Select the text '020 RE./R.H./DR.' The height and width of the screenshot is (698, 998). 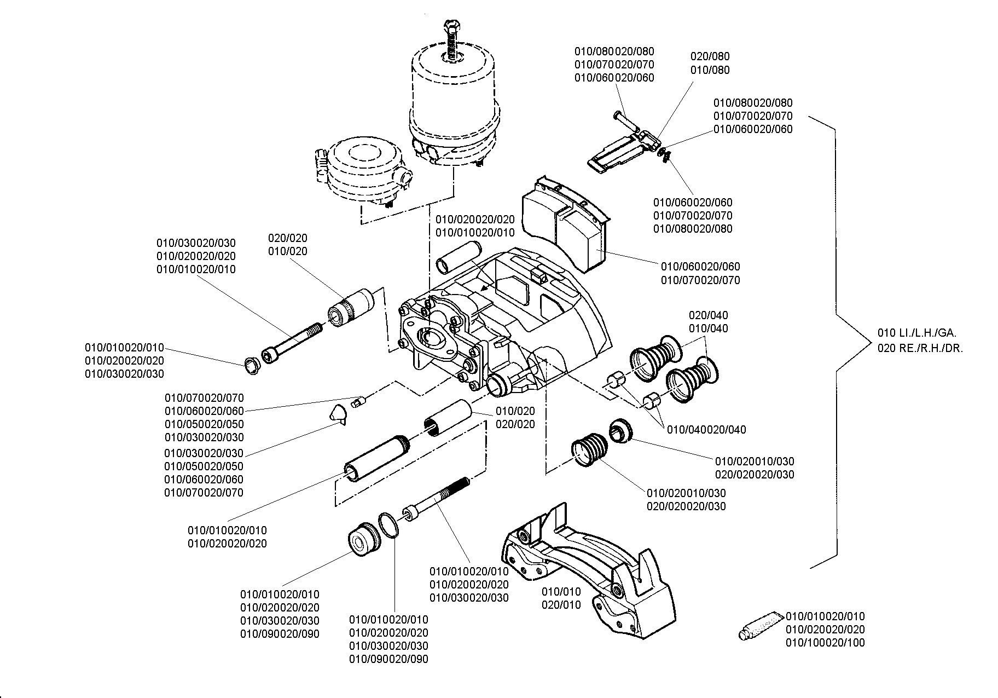(920, 348)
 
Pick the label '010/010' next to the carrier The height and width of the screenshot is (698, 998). (561, 592)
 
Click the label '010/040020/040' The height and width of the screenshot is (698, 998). (706, 430)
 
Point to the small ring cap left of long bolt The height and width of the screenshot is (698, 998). (252, 366)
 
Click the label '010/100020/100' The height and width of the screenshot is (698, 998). (826, 643)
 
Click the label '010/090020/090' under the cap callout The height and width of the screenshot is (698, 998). (280, 634)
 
